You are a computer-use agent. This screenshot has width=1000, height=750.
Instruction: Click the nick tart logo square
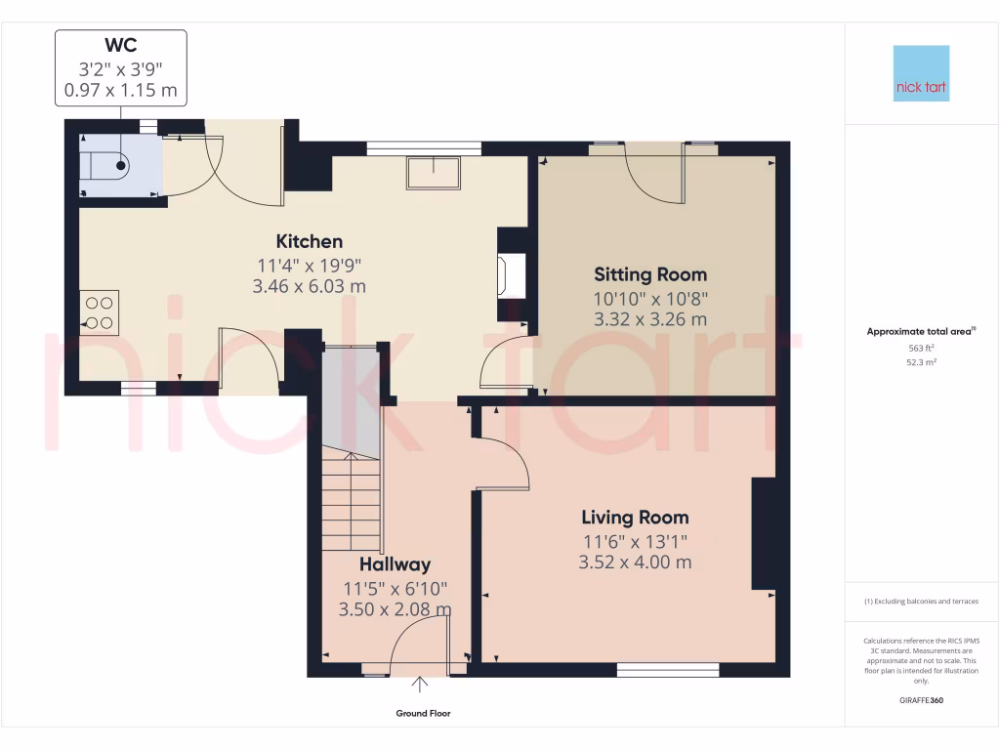pyautogui.click(x=921, y=73)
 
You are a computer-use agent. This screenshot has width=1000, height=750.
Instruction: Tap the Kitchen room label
pyautogui.click(x=310, y=241)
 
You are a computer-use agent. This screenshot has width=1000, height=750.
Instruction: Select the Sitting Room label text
pyautogui.click(x=650, y=274)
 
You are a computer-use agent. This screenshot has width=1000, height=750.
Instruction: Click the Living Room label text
pyautogui.click(x=635, y=518)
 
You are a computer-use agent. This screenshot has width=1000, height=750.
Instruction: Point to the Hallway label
pyautogui.click(x=395, y=564)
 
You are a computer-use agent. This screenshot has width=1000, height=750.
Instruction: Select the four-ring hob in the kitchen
pyautogui.click(x=99, y=312)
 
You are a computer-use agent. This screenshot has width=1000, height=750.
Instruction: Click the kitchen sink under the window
pyautogui.click(x=434, y=172)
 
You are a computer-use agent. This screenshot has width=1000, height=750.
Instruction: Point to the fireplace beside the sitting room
pyautogui.click(x=512, y=275)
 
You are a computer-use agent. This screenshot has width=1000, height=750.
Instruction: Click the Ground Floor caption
pyautogui.click(x=423, y=714)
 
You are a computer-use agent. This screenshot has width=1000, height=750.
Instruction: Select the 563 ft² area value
pyautogui.click(x=921, y=348)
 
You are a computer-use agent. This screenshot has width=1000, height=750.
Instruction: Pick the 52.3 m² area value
pyautogui.click(x=921, y=362)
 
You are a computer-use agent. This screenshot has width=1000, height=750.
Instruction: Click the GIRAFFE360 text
pyautogui.click(x=921, y=700)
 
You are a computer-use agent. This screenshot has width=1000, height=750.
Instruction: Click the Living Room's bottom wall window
pyautogui.click(x=669, y=670)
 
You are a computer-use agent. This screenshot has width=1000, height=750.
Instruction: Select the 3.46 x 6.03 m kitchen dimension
pyautogui.click(x=310, y=286)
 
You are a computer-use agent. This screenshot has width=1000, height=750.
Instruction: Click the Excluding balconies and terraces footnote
pyautogui.click(x=921, y=602)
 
